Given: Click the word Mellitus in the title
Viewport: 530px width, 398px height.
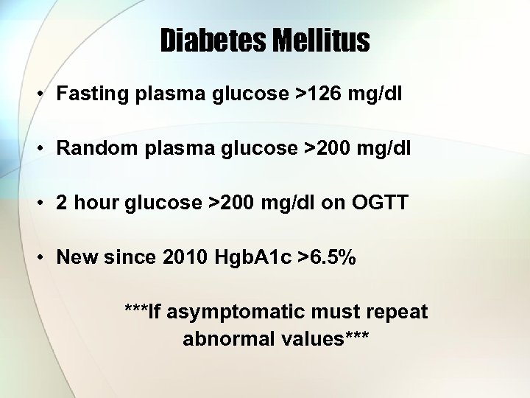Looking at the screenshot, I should pyautogui.click(x=322, y=41).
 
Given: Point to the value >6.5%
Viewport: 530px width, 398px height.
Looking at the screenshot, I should pyautogui.click(x=325, y=257).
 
